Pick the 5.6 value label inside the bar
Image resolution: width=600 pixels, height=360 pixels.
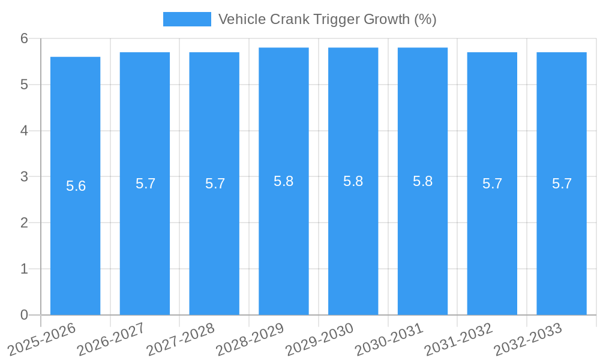click(x=76, y=186)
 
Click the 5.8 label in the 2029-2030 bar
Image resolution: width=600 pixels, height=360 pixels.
click(x=353, y=181)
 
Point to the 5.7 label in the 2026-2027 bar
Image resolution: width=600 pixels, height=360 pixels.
click(x=146, y=184)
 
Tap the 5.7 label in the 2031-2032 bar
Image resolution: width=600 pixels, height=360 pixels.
click(x=493, y=184)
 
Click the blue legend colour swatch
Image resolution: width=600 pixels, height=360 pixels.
click(x=187, y=19)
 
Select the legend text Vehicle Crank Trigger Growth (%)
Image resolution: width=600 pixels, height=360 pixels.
click(x=327, y=19)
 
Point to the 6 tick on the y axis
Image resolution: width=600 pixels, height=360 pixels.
click(x=24, y=38)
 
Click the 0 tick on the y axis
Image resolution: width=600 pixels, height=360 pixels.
click(x=24, y=315)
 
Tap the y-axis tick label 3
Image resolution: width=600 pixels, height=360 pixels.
click(x=24, y=177)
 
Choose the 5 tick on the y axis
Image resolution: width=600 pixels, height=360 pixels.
click(x=24, y=85)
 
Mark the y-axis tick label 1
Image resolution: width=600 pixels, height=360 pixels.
click(x=24, y=269)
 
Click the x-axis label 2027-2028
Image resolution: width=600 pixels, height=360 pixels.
click(x=180, y=339)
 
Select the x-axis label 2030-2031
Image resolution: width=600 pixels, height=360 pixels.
click(x=389, y=339)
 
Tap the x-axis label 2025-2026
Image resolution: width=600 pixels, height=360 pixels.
click(x=41, y=339)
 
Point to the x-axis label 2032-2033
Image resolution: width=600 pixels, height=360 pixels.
click(x=527, y=339)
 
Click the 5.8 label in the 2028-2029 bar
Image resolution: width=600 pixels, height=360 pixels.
click(x=284, y=181)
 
